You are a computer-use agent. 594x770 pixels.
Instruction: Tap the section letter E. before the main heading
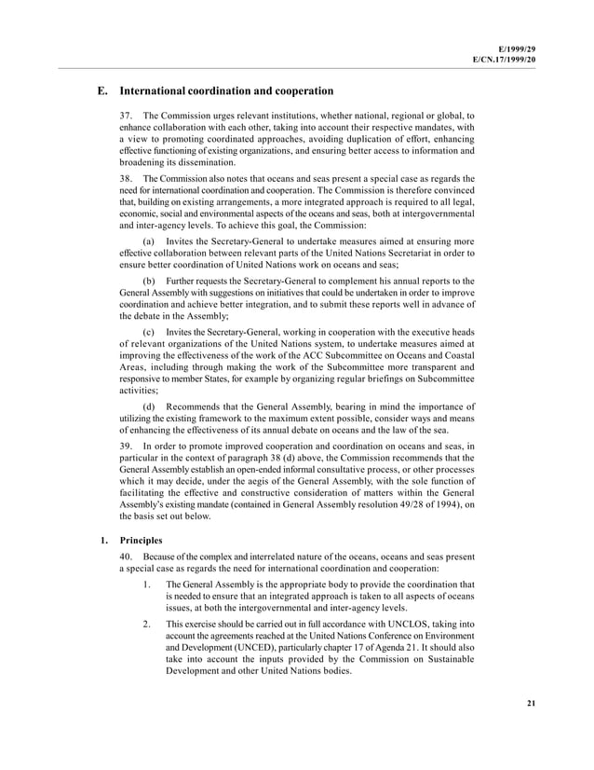[x=102, y=91]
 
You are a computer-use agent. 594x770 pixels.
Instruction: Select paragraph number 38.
[x=125, y=177]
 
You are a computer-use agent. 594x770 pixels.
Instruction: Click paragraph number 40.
[x=125, y=557]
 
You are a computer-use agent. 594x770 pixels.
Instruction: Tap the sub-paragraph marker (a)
[x=149, y=241]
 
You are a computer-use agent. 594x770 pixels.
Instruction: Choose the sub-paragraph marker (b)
[x=149, y=281]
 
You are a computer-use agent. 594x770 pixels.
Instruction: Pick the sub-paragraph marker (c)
[x=149, y=333]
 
